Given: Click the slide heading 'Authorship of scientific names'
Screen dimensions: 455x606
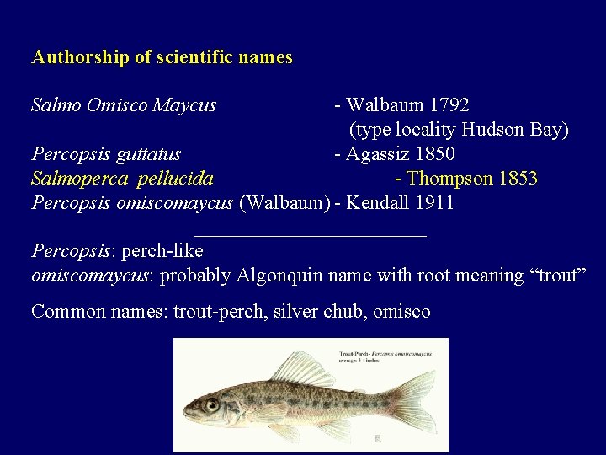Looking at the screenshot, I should click(162, 57).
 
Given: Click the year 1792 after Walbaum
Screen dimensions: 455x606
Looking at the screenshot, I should click(449, 105).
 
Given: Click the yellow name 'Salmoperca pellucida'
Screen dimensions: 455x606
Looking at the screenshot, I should click(122, 179).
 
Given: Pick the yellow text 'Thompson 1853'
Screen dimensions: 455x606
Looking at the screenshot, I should click(472, 179).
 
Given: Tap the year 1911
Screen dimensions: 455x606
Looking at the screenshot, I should click(434, 203).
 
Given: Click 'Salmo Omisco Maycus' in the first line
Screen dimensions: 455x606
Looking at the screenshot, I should click(124, 105).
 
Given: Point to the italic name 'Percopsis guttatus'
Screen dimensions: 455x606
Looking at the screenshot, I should click(106, 154).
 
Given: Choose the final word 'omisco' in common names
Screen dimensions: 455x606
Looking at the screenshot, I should click(401, 312).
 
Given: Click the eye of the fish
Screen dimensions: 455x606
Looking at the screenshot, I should click(211, 404).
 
